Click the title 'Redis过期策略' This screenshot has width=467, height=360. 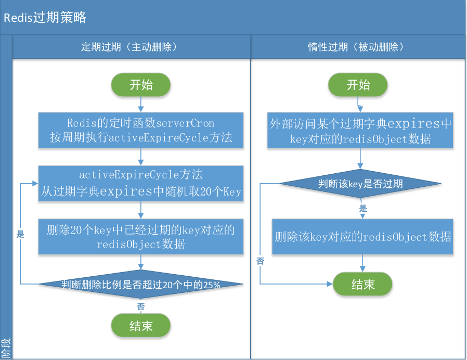coord(45,17)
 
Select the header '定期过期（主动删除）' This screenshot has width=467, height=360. coord(129,47)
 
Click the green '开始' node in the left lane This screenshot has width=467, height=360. coord(141,85)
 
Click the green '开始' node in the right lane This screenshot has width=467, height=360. coord(358,85)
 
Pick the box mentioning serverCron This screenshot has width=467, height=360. coord(141,130)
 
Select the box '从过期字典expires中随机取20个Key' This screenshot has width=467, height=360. coord(141,184)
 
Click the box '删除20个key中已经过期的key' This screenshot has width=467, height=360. coord(141,237)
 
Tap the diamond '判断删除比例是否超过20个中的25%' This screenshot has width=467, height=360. coord(141,284)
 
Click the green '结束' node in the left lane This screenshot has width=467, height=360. coord(141,326)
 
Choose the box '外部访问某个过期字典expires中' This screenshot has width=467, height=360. coord(360,130)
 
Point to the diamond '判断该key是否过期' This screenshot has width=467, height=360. coord(360,184)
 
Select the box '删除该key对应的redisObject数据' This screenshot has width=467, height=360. coord(362,237)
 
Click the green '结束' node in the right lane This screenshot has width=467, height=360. coord(362,284)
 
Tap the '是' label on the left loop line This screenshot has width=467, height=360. coord(20,234)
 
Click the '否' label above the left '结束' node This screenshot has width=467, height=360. coord(141,306)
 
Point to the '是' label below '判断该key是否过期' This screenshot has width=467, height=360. coord(363,208)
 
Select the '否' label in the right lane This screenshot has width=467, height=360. coord(261,261)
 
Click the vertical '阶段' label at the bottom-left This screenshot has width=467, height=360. coord(6,348)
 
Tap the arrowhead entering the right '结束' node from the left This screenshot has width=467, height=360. coord(330,284)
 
